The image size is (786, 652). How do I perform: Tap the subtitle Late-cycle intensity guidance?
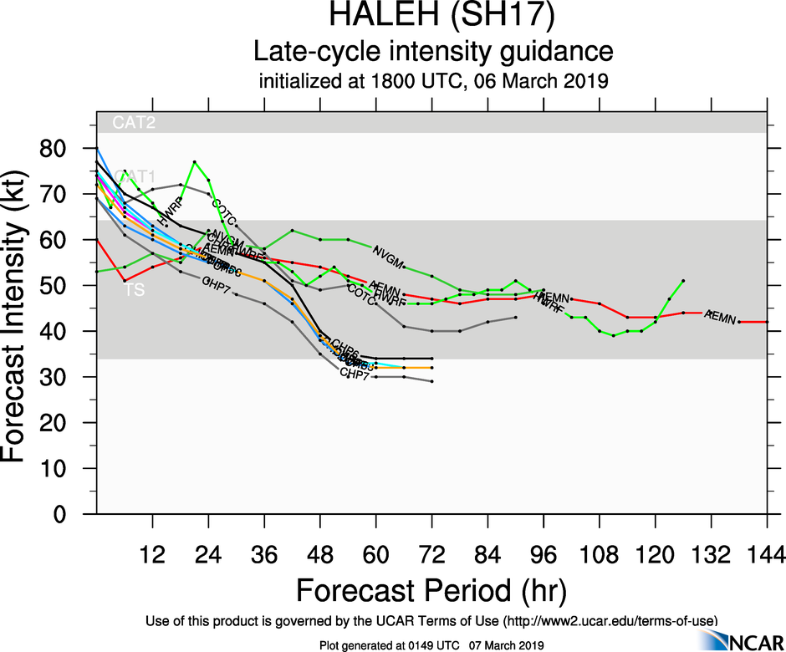pos(433,52)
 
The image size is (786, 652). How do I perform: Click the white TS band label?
pos(134,290)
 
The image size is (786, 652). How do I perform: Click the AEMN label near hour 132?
pos(720,317)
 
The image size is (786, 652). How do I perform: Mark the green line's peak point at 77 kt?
pos(194,162)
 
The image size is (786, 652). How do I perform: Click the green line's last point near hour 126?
pos(683,281)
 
